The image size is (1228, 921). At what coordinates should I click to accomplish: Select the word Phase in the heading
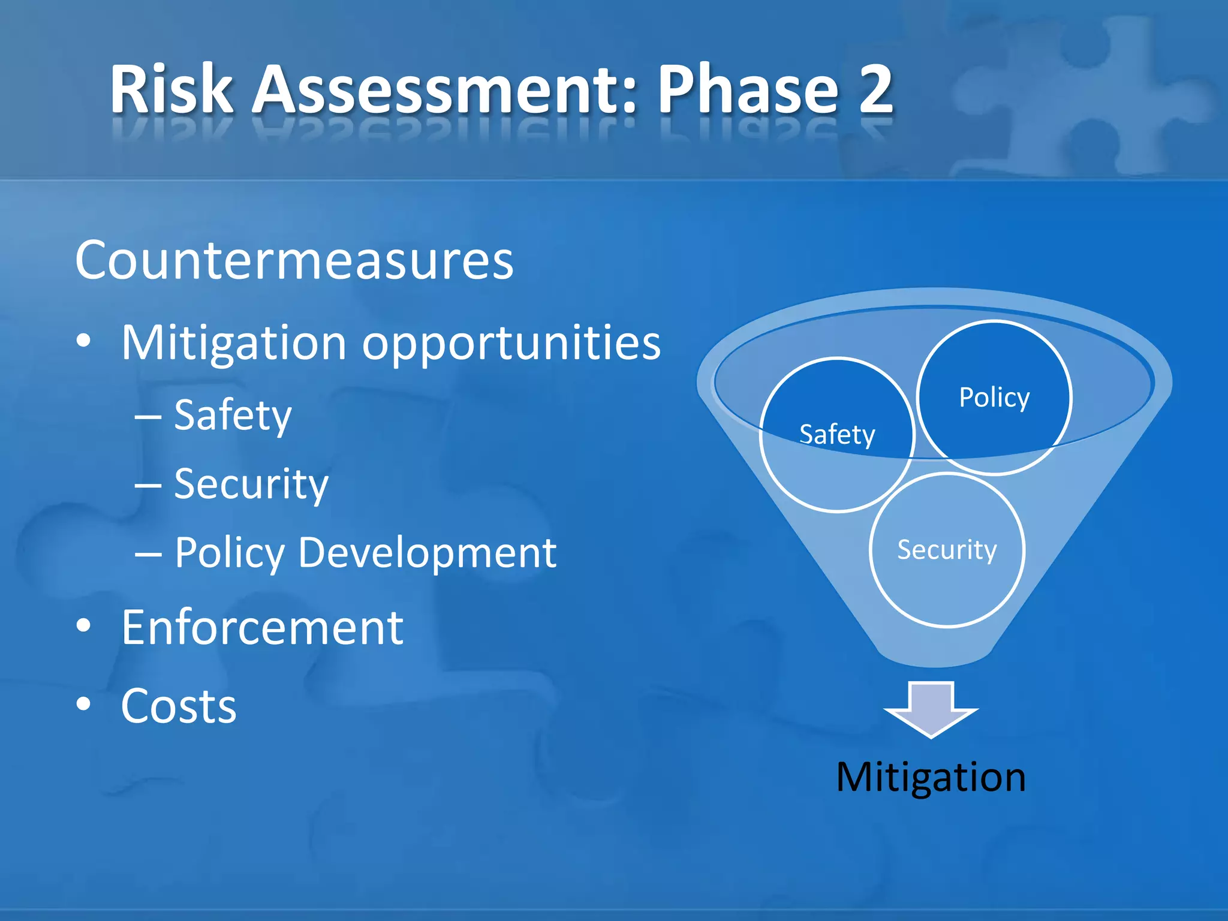coord(748,90)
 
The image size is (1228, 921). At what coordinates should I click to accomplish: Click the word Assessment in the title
coord(444,90)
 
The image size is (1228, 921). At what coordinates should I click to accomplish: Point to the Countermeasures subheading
coord(294,261)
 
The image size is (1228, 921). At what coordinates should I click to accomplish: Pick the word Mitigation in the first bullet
coord(234,343)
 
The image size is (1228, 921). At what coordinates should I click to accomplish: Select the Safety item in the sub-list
coord(233,415)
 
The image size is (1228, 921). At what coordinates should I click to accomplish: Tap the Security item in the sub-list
coord(251,484)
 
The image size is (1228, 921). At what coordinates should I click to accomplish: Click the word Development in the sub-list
coord(427,552)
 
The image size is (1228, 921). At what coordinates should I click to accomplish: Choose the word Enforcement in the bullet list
coord(262,627)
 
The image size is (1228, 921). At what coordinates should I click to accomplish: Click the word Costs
coord(179,706)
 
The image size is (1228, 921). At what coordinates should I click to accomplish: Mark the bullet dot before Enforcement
coord(84,626)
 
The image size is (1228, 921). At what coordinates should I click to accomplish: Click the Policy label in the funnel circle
coord(994,398)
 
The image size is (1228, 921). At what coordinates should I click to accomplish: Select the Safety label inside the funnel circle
coord(837,435)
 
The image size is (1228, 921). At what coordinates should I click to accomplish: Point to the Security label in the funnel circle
coord(947,550)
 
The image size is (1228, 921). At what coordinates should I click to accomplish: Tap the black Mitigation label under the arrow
coord(931,777)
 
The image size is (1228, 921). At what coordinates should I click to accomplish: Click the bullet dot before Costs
coord(84,705)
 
